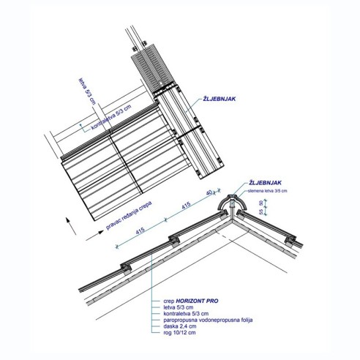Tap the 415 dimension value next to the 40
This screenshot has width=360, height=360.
(x=186, y=206)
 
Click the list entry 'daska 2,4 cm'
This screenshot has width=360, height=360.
(x=179, y=327)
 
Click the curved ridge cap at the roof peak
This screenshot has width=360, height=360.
(x=236, y=202)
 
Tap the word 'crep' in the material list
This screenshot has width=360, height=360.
(x=169, y=300)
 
